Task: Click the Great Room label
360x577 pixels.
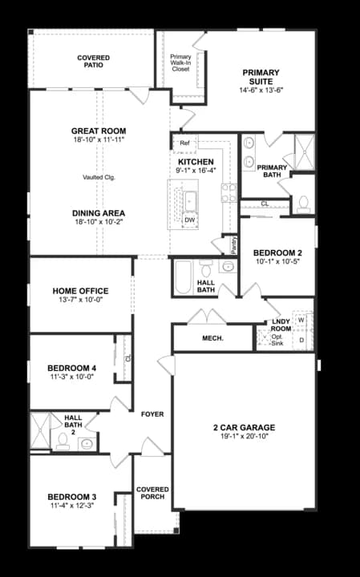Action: (99, 131)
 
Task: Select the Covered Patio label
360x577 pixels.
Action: (93, 63)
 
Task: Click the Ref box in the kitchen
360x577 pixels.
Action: (184, 143)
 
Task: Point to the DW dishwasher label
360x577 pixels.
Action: (190, 219)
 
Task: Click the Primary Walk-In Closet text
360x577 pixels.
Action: (180, 63)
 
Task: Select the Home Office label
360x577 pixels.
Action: (80, 291)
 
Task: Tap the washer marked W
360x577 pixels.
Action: (301, 320)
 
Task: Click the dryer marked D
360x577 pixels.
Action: (301, 340)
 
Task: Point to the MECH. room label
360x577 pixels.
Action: (212, 338)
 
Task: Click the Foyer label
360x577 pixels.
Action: (152, 414)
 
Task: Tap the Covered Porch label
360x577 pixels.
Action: (152, 493)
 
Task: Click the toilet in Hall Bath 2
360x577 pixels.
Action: (61, 441)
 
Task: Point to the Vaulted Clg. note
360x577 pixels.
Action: (99, 177)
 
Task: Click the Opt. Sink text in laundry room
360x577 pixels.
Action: (277, 338)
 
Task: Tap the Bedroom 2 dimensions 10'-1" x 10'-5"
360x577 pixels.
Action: (277, 261)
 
